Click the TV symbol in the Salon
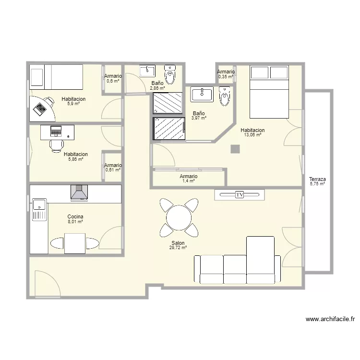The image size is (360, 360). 240,195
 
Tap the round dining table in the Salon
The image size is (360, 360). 179,217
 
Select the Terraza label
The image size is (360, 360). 317,179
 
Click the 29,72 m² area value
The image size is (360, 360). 178,248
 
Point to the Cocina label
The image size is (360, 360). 75,216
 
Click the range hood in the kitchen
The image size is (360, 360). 79,193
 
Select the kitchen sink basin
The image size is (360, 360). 39,204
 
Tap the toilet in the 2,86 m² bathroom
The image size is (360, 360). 170,74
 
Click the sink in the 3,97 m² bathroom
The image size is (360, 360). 202,95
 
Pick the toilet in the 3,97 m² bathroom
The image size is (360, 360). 225,96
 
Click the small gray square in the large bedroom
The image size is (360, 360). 235,149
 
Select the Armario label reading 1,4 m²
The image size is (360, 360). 189,176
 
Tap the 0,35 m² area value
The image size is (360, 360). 226,77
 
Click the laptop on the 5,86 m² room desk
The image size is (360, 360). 56,131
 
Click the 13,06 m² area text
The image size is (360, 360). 252,135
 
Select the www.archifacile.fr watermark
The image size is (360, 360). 330,319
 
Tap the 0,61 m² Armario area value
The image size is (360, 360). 113,170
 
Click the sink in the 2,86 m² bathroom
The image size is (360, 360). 147,71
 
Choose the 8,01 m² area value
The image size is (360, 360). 75,222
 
